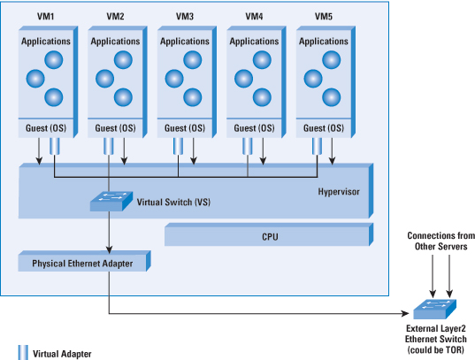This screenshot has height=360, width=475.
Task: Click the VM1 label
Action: (45, 16)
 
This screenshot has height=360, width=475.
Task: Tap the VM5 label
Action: (324, 16)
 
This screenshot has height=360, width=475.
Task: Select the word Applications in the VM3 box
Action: (185, 42)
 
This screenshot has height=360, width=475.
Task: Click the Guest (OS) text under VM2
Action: (115, 128)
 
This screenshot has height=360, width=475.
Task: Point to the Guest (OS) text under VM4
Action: (254, 128)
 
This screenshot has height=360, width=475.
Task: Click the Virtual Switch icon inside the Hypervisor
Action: (111, 201)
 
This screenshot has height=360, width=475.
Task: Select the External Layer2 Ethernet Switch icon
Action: (434, 309)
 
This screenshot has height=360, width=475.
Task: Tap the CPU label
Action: (270, 237)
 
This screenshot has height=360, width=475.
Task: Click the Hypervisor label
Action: (339, 192)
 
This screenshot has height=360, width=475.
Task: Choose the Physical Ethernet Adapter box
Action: (85, 261)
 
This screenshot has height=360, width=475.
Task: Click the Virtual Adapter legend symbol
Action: (23, 352)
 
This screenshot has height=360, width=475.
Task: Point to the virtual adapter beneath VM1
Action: (55, 146)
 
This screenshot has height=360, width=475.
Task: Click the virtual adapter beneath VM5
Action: (318, 146)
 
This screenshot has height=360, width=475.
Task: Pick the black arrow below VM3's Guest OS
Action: (194, 151)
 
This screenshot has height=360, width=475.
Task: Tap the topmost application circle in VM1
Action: (54, 59)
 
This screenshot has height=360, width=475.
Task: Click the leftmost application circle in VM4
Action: (243, 79)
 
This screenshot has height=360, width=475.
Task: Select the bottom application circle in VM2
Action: (123, 97)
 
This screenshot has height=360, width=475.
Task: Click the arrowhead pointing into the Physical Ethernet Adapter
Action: (110, 249)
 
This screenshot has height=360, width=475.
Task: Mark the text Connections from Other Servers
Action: (441, 241)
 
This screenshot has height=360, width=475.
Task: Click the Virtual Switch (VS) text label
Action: (173, 203)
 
